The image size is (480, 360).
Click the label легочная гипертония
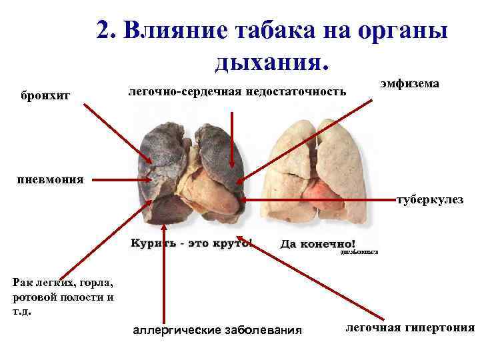coord(409,327)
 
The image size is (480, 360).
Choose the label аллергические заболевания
coord(217,330)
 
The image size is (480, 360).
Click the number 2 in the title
coord(103,30)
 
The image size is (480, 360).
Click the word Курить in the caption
coord(152,243)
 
